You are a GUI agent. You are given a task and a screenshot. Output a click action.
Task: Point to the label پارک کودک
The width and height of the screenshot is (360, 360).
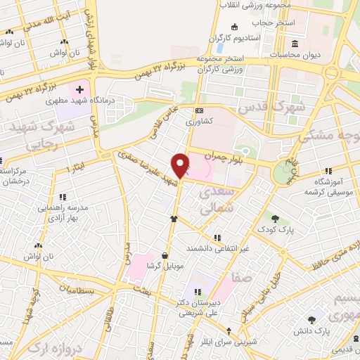pos(274,230)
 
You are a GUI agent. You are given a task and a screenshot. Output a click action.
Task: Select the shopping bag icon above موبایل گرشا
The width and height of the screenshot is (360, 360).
pos(164,255)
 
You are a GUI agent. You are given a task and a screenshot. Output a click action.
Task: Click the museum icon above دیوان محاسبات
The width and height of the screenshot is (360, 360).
pos(293,44)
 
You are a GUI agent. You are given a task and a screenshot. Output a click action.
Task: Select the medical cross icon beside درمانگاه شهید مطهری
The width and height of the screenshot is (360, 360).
pos(79,90)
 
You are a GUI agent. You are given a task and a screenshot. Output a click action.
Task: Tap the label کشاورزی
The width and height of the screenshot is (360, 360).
pos(200,120)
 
